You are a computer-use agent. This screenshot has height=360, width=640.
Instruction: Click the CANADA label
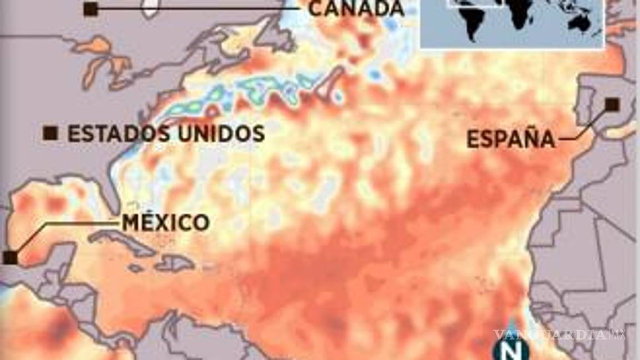point(356,8)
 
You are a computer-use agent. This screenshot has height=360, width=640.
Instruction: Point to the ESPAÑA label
point(511,139)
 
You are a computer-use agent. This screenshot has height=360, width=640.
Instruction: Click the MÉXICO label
point(166,223)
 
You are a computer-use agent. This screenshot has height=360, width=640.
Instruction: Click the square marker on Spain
point(612,104)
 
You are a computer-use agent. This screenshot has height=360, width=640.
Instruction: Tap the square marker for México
point(10,257)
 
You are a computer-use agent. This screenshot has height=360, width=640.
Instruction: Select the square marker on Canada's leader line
point(91,8)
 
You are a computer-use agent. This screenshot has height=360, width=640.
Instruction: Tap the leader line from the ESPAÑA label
point(583,128)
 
